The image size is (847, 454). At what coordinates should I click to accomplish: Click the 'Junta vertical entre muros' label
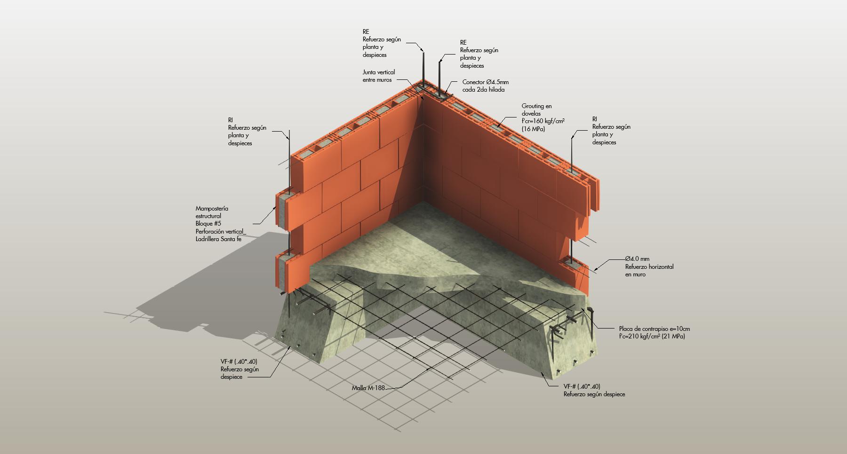(379, 76)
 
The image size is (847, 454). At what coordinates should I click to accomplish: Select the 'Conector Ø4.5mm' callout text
(485, 82)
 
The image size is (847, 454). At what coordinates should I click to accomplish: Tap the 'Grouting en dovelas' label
(537, 110)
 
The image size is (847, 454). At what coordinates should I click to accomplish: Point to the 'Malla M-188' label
(368, 388)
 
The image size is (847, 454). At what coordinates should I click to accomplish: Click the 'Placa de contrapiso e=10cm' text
(655, 329)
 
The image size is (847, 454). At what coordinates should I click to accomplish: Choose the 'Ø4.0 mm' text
(637, 259)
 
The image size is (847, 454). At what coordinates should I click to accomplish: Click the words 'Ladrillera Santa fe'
(219, 239)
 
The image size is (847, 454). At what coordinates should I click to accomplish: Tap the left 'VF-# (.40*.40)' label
(239, 361)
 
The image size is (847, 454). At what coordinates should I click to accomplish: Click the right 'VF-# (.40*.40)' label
(582, 386)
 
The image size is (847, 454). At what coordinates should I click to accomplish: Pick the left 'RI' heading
(231, 120)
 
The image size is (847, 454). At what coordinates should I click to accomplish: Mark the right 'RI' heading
(595, 119)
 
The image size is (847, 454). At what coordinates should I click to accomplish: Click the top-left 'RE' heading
(366, 32)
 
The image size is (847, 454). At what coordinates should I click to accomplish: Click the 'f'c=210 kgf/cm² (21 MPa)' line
(652, 337)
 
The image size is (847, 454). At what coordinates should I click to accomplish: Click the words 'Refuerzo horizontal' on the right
(649, 267)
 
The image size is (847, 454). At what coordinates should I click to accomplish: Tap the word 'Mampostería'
(212, 208)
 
